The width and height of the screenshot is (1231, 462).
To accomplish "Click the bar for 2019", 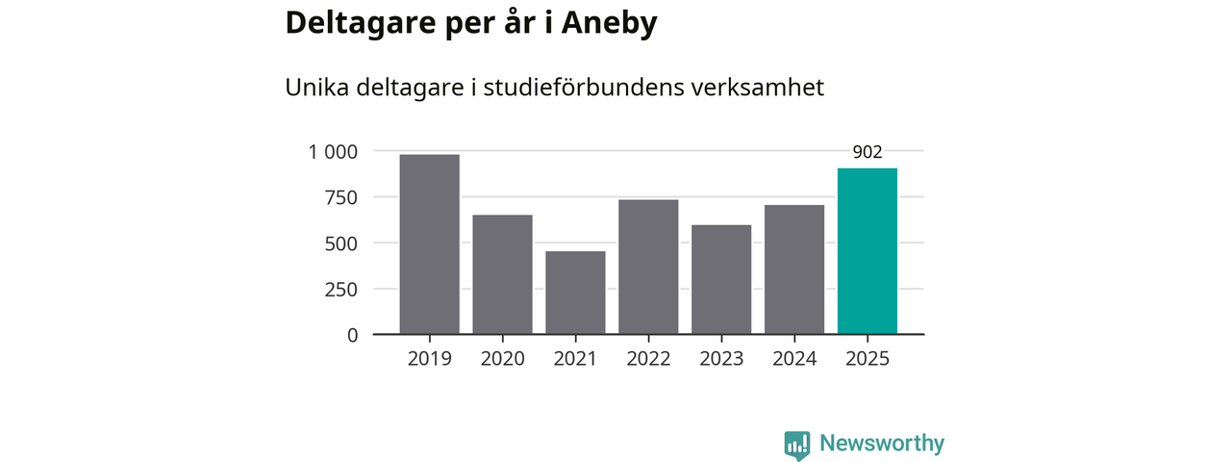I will coord(429,244).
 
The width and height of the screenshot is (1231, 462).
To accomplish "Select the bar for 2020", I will coord(502,274).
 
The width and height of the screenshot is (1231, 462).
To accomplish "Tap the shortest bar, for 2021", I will coord(575,293).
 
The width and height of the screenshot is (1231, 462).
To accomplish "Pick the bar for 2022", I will coord(648,267).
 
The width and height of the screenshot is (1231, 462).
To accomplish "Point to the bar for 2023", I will coord(721,279).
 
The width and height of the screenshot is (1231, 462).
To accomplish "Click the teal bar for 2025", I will coord(867,251).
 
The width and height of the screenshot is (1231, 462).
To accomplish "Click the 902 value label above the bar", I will coord(867,151).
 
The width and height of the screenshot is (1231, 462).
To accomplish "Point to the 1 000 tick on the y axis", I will coord(333,151).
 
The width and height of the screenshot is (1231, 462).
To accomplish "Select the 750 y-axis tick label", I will coord(340,197).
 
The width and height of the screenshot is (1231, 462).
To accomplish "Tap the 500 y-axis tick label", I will coord(340,244).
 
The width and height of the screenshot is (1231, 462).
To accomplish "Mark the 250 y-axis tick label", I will coord(340,289).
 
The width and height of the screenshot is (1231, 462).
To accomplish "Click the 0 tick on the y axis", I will coord(352,335).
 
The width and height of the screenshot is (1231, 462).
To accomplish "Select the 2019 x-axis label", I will coord(429,359).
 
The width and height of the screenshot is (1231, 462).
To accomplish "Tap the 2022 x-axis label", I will coord(648,359).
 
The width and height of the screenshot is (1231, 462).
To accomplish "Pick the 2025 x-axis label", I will coord(867,359).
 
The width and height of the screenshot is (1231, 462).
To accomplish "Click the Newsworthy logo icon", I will coord(796,445).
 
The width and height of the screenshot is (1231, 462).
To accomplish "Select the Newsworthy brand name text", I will coord(882,444).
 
